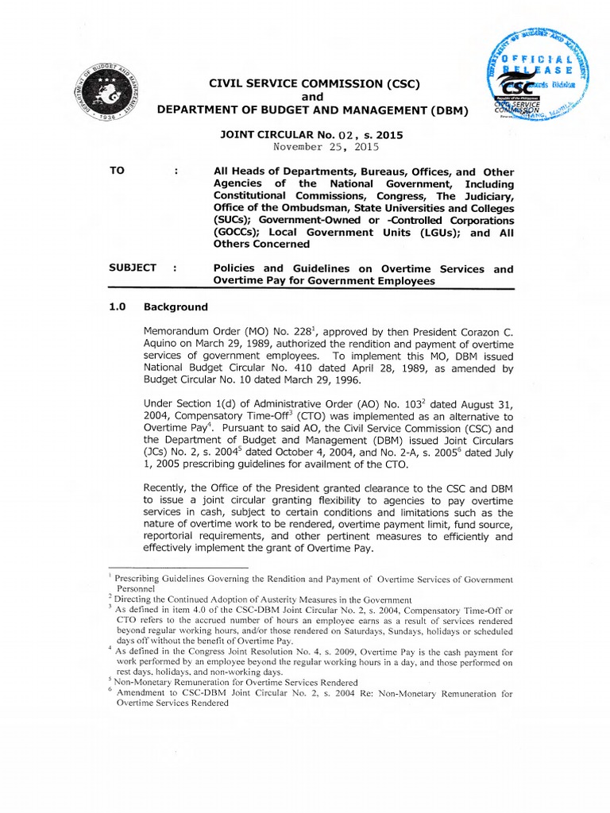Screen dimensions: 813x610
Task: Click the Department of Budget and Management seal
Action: [x=118, y=95]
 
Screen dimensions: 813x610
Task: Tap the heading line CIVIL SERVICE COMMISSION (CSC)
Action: [x=313, y=84]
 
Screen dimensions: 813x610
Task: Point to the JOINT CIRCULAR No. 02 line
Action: [x=311, y=135]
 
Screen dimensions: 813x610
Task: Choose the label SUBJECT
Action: [x=133, y=268]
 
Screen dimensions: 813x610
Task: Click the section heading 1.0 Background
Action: [x=158, y=306]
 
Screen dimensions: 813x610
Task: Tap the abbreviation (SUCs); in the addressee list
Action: [x=236, y=219]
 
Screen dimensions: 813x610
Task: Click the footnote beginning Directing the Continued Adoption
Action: [x=263, y=599]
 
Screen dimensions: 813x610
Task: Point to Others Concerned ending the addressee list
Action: [x=253, y=245]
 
